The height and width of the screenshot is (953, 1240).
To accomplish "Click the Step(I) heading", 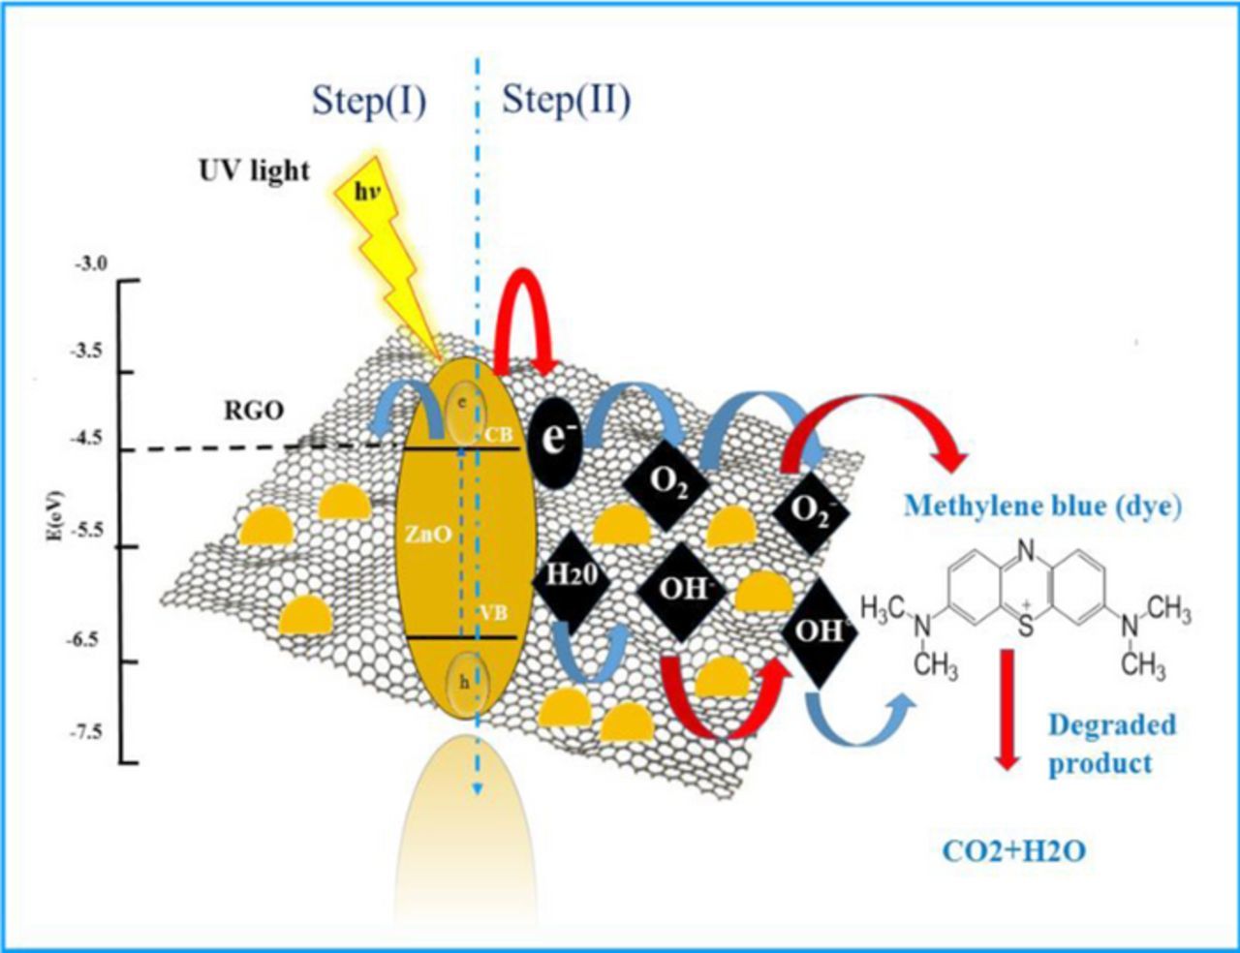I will coord(369,101).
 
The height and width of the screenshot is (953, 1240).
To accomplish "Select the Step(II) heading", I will coord(566,101).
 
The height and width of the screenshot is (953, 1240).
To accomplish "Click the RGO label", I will coord(254,411).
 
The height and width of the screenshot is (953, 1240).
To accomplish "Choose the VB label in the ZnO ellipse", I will coord(493,612).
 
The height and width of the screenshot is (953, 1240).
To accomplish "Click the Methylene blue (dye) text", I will coord(1042,506).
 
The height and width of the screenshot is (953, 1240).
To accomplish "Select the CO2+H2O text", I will coord(1012,851).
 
